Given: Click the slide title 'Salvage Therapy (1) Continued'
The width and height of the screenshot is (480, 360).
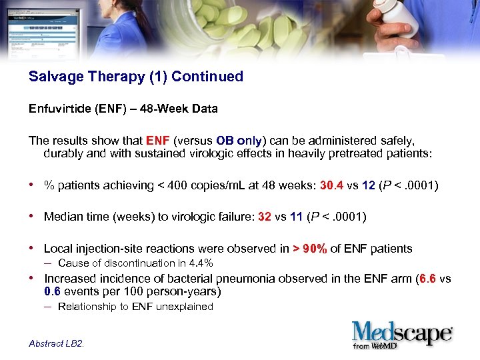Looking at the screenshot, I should [136, 77].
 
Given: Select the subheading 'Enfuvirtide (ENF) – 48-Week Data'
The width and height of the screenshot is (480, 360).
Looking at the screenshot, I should [123, 109].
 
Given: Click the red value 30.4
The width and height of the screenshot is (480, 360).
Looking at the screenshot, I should [331, 185].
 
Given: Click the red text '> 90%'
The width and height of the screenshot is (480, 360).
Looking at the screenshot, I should [309, 249].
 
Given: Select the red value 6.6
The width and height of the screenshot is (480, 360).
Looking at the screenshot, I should [425, 279].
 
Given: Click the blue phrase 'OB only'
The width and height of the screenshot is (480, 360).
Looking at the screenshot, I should [239, 141].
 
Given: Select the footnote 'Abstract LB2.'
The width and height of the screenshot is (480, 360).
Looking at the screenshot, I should [57, 343].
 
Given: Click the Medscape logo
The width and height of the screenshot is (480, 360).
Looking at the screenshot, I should [402, 334].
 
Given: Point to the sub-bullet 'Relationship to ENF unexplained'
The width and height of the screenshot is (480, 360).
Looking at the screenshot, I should [135, 307].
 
